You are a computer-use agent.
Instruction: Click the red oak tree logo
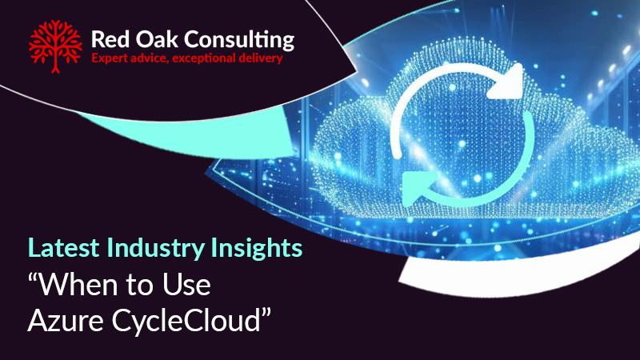click(x=55, y=46)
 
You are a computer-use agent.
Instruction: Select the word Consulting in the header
click(x=239, y=42)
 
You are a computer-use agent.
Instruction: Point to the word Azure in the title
click(x=66, y=321)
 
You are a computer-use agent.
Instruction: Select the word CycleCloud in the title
click(x=186, y=322)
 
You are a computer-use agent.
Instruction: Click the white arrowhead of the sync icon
click(x=506, y=82)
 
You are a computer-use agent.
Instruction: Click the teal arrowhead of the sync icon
click(x=419, y=189)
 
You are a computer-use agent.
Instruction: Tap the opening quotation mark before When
click(x=34, y=278)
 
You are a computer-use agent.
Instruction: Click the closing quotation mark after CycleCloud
click(x=266, y=314)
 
